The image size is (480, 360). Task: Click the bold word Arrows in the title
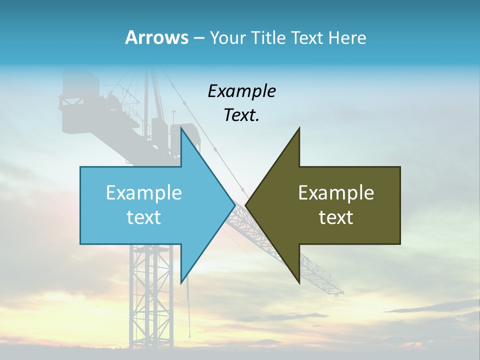click(156, 37)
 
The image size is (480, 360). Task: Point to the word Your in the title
click(227, 37)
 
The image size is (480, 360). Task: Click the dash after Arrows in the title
click(198, 38)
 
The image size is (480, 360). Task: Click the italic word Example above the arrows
click(241, 91)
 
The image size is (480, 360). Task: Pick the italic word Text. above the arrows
click(241, 115)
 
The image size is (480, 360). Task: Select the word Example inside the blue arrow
click(144, 193)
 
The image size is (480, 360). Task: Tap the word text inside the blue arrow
click(144, 217)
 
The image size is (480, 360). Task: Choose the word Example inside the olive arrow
click(336, 193)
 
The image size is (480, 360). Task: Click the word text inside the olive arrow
click(336, 217)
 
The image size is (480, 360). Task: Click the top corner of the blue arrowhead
click(181, 128)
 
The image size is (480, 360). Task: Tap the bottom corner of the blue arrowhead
click(181, 282)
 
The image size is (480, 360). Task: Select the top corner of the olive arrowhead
click(299, 128)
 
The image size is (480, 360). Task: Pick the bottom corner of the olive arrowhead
click(299, 282)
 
